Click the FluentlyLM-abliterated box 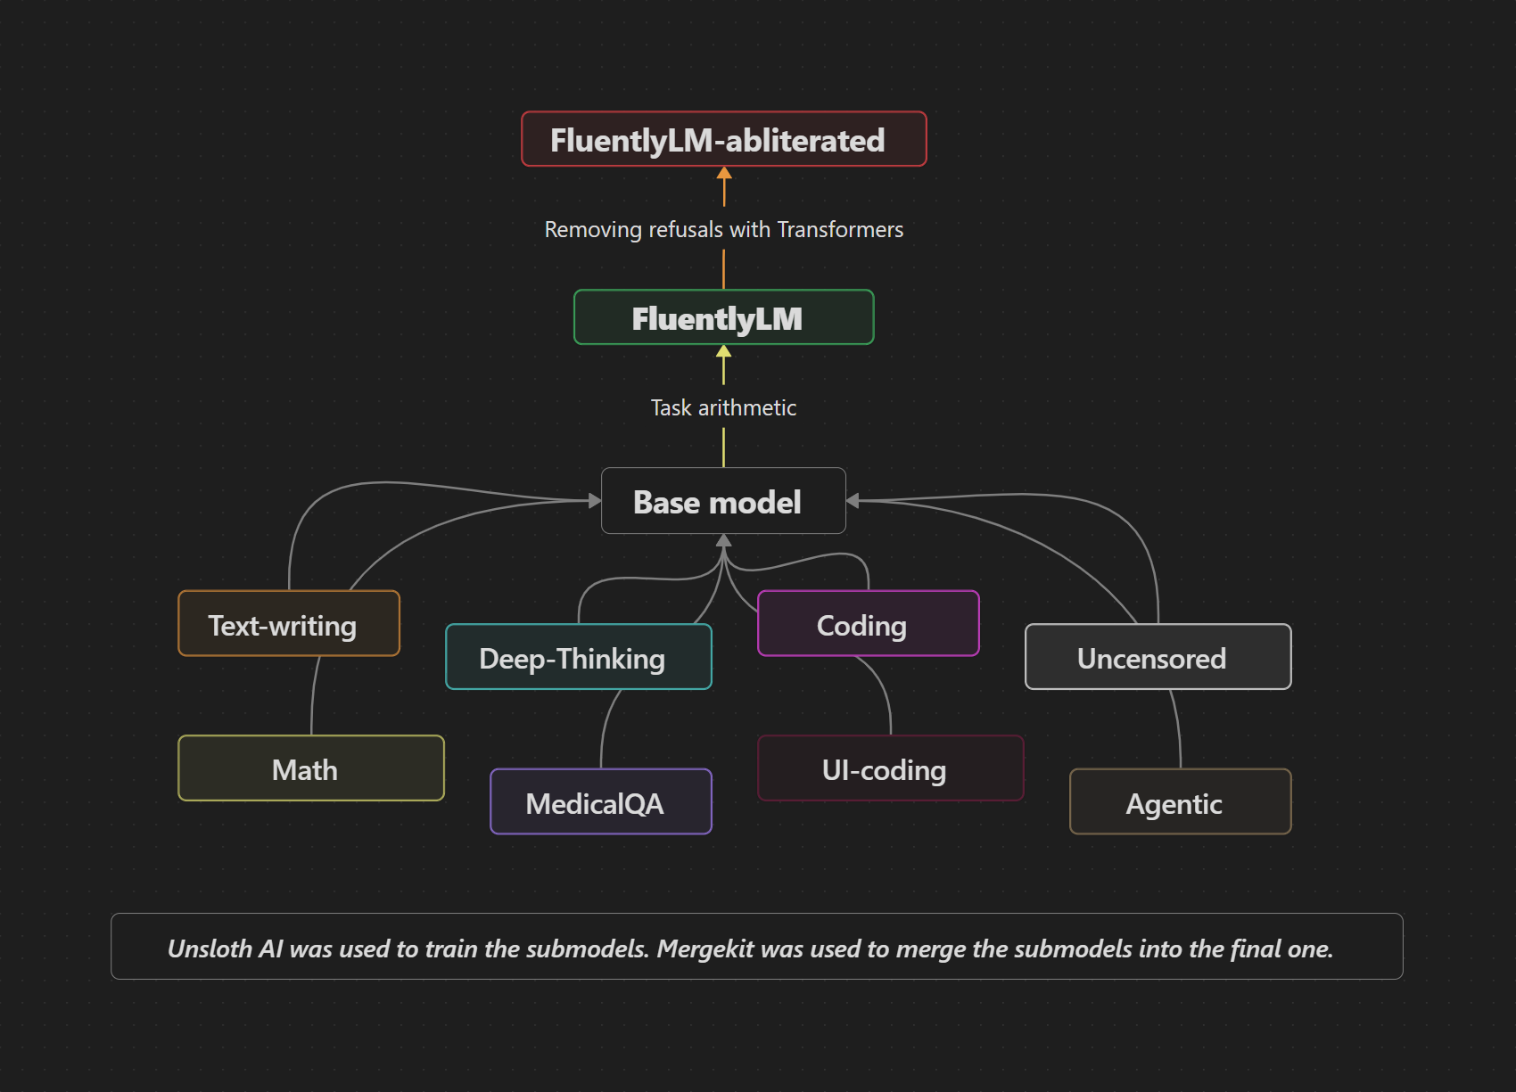tap(723, 139)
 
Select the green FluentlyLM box tap(723, 317)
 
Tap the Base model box tap(723, 501)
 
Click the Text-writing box tap(289, 624)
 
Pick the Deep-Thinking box tap(578, 657)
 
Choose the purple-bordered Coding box tap(868, 624)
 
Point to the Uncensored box tap(1158, 657)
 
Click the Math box tap(310, 768)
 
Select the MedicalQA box tap(600, 802)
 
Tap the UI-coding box tap(890, 768)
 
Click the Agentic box tap(1180, 802)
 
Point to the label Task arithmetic tap(723, 407)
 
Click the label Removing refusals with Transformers tap(723, 229)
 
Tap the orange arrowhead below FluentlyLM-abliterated tap(724, 173)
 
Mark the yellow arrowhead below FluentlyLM tap(724, 351)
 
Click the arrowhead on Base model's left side tap(595, 501)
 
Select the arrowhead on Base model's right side tap(853, 501)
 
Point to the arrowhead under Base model tap(724, 540)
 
